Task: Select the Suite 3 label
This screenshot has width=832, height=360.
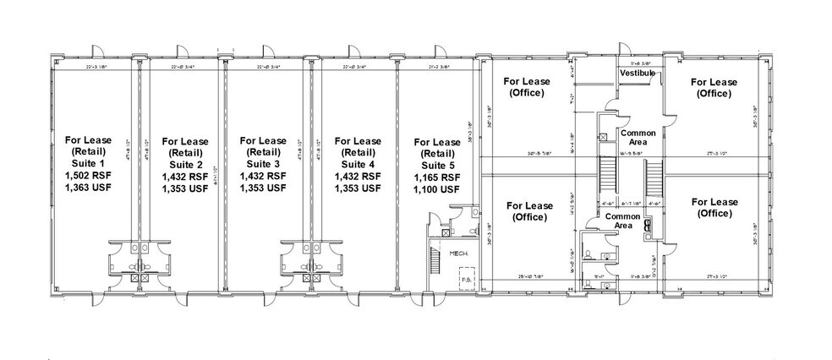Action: click(x=262, y=163)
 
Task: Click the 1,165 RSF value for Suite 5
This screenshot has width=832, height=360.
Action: click(x=436, y=178)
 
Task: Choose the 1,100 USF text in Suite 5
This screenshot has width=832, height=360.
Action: click(x=436, y=190)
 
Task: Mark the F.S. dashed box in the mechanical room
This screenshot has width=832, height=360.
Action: click(x=465, y=278)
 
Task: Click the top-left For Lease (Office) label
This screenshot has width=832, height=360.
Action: click(x=528, y=88)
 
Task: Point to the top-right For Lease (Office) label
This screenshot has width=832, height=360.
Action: click(x=714, y=88)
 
